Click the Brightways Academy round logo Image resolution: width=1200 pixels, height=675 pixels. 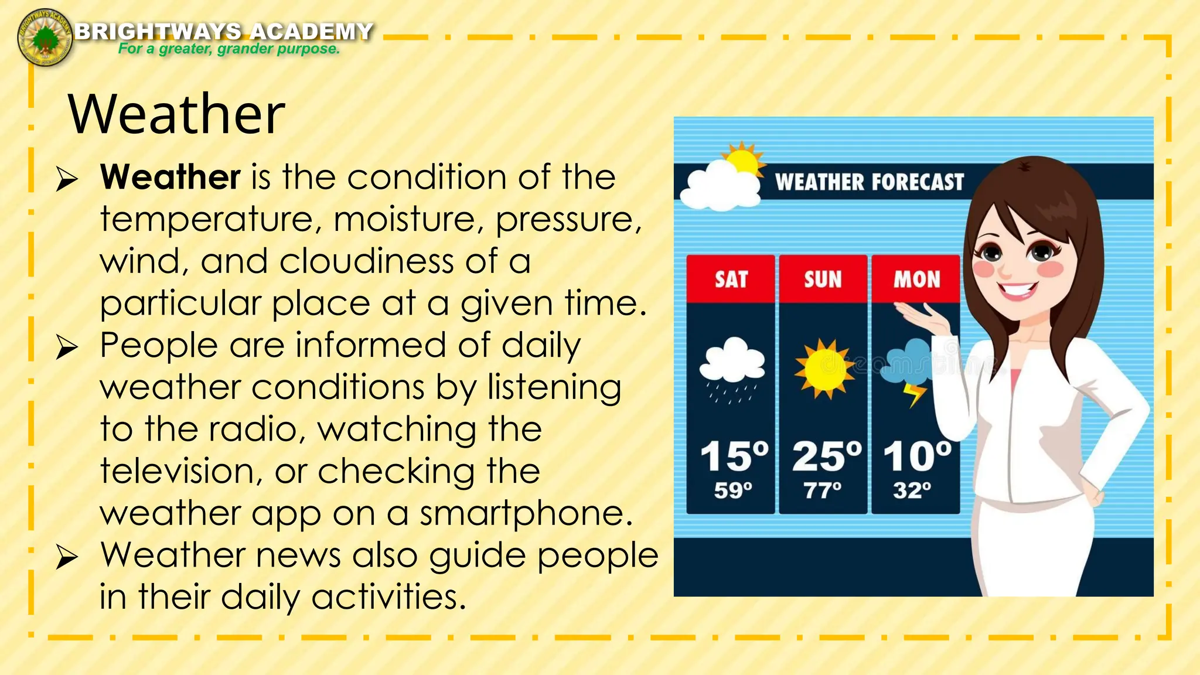pos(45,37)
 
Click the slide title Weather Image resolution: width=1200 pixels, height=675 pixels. pos(176,114)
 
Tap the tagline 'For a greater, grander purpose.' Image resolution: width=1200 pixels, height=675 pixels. pos(229,49)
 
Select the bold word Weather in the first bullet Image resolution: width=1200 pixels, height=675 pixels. pos(170,177)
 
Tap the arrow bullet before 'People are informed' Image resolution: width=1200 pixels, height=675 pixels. pos(67,347)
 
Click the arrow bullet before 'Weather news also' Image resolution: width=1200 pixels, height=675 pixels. pos(67,557)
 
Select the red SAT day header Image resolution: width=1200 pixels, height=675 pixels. pos(731,279)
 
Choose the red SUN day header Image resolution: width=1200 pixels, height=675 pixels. pos(823,279)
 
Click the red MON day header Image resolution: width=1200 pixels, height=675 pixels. pos(916,279)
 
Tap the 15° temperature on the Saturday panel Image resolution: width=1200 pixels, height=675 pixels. pos(734,456)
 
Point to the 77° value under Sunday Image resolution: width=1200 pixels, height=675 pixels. pos(822,490)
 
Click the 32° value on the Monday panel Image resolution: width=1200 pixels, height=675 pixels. pos(912,490)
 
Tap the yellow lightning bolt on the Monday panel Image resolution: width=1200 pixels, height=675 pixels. pos(915,394)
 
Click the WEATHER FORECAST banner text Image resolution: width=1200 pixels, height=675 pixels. pos(869,182)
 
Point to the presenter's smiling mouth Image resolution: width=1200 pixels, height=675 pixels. pos(1018,290)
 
